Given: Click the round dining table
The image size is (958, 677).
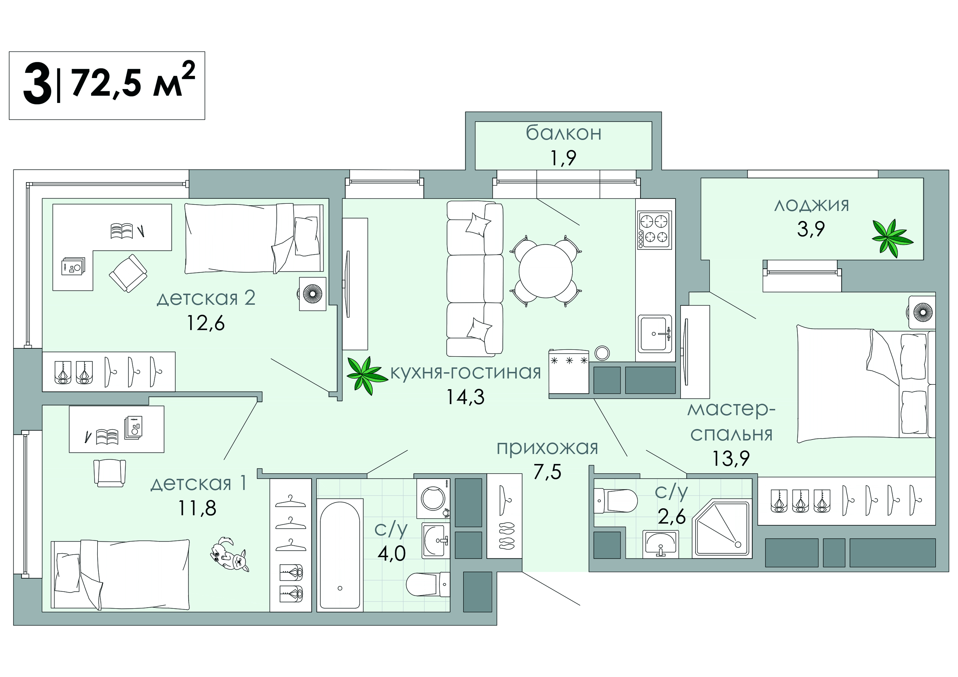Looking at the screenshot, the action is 545,271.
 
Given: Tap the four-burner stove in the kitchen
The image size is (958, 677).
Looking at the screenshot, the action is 654,230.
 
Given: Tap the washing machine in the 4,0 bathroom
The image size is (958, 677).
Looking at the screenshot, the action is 433,498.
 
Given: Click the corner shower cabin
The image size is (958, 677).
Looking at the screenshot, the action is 722,529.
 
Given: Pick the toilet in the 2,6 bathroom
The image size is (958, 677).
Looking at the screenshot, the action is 616,501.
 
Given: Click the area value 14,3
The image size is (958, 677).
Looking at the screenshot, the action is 465,397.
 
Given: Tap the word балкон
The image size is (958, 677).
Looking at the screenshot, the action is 563,134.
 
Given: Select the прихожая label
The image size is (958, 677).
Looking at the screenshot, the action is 547,448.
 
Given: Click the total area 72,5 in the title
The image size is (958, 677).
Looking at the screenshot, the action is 108,83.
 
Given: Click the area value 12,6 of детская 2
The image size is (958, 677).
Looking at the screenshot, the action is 205,323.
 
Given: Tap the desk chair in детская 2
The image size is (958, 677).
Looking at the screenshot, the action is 128,273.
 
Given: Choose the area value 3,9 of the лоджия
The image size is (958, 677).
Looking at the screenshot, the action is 811,229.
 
